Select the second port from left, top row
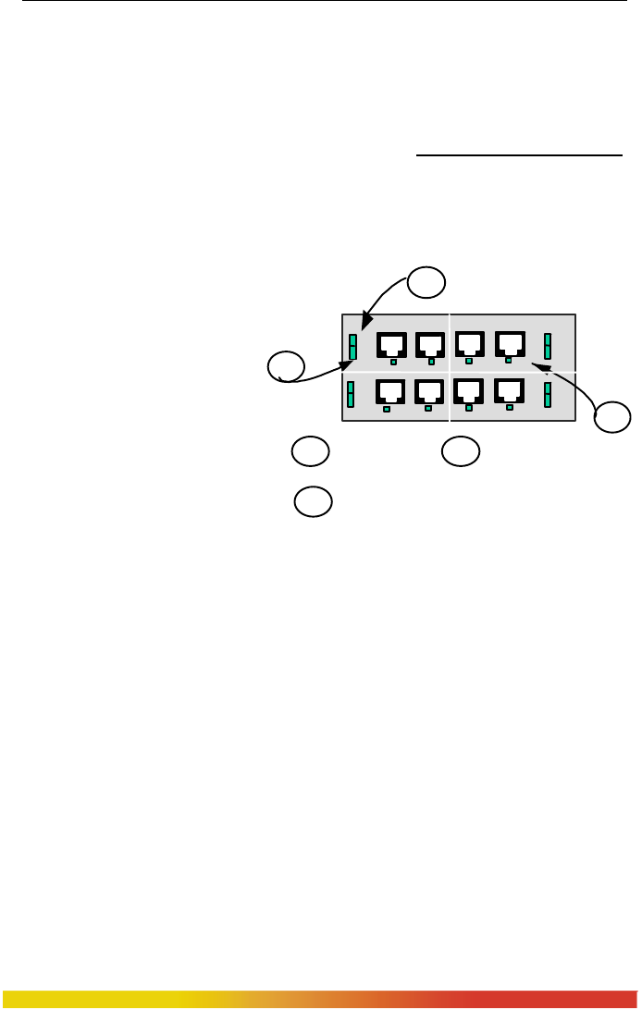click(430, 344)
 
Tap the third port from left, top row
click(470, 344)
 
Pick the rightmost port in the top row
click(510, 343)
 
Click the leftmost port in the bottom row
click(389, 393)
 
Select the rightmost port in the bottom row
click(510, 392)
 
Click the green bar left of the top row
click(352, 347)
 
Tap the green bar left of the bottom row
click(351, 395)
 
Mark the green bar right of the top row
click(548, 346)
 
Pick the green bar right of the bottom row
click(548, 394)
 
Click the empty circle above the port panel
click(427, 282)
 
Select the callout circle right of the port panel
click(611, 417)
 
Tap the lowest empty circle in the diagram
click(313, 501)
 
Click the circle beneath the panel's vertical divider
click(460, 451)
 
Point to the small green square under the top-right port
click(509, 360)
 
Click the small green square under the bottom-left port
click(387, 408)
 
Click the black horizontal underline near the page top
click(519, 156)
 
